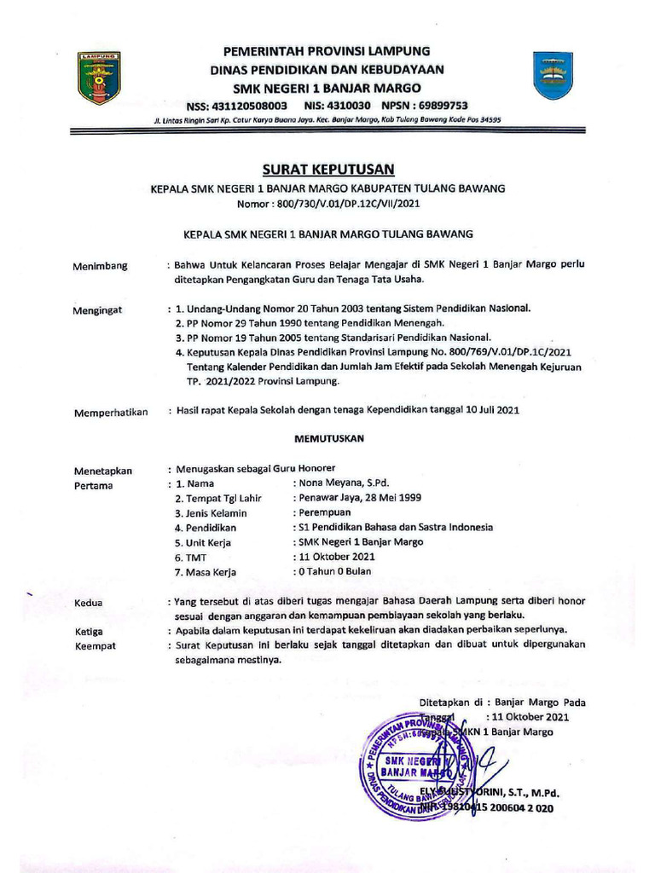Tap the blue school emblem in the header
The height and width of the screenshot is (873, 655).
point(552,75)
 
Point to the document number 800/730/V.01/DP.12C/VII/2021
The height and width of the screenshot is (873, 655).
point(351,205)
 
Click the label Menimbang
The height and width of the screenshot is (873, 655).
point(101,265)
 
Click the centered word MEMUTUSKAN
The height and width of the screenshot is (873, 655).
point(329,439)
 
